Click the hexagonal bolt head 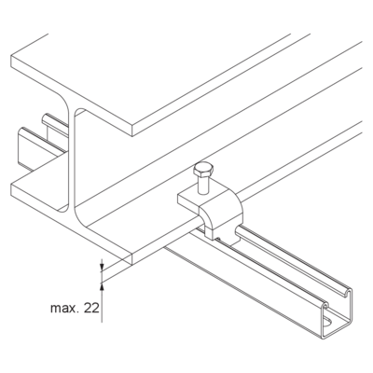[x=203, y=170]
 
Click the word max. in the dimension [x=62, y=309]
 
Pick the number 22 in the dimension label [x=91, y=308]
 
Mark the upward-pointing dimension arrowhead [x=102, y=287]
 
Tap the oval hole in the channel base [x=327, y=323]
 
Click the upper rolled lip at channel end [x=348, y=293]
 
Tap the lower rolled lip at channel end [x=325, y=306]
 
